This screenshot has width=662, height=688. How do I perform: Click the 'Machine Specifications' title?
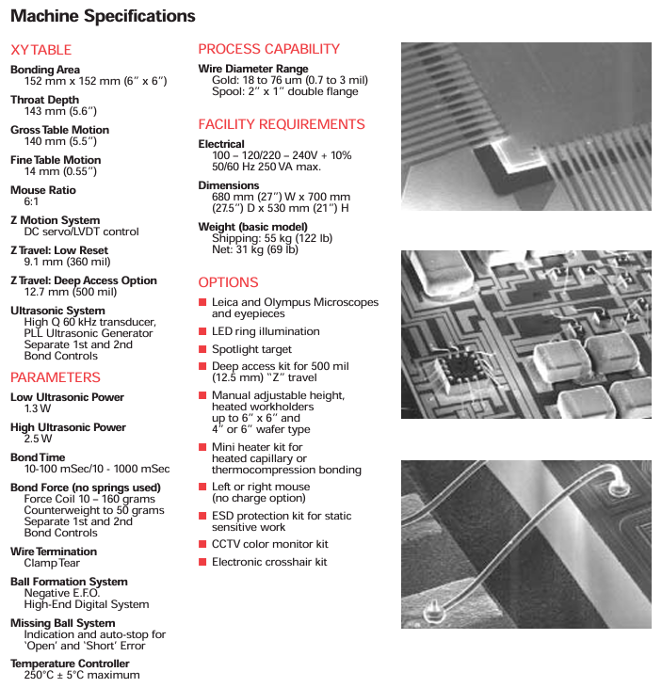click(x=103, y=16)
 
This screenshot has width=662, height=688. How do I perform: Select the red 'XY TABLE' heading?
click(x=40, y=50)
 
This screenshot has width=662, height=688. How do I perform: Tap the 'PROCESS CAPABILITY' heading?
click(x=268, y=49)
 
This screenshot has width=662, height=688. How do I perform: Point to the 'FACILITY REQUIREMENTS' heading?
click(x=281, y=124)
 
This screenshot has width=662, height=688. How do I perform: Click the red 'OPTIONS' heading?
click(x=228, y=282)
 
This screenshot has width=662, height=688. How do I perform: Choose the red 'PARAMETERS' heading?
click(x=55, y=377)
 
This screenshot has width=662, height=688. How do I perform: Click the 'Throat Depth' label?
click(x=44, y=100)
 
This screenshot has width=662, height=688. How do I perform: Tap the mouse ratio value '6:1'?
click(x=31, y=201)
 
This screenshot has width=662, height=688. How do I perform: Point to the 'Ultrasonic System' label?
click(x=57, y=311)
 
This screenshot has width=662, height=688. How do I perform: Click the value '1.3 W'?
click(x=38, y=408)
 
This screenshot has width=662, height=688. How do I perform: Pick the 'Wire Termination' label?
click(x=53, y=552)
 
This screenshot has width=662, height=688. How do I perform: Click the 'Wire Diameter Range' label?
click(x=252, y=69)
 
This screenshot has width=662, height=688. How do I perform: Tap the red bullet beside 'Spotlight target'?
click(x=202, y=349)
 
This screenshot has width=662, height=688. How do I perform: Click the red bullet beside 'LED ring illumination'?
click(x=202, y=331)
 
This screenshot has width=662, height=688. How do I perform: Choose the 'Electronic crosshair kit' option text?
click(x=269, y=562)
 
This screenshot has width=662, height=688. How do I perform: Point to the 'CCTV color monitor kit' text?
click(x=269, y=544)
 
